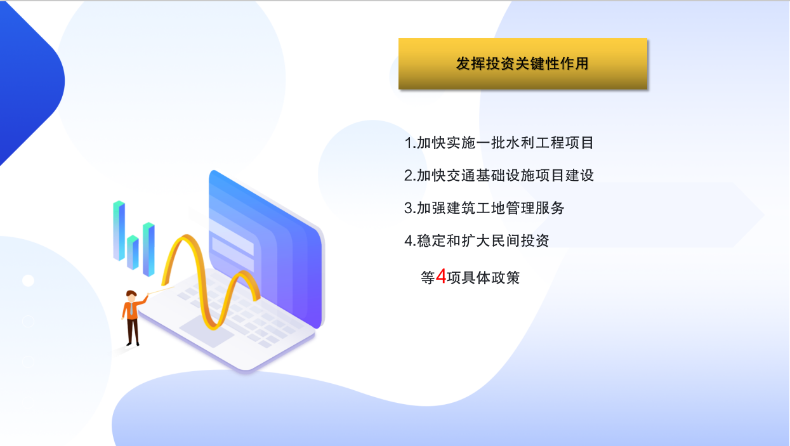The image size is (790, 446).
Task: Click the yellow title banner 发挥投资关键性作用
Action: pos(523,63)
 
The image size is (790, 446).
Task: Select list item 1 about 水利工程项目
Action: pos(499,143)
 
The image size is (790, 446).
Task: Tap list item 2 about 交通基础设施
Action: pos(499,175)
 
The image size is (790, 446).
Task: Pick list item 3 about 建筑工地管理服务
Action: pos(484,208)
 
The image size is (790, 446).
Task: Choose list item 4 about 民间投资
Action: pos(477,240)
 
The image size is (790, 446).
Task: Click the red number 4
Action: pos(441,276)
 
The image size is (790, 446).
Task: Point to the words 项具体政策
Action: pos(483,277)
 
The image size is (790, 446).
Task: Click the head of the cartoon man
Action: pos(131,296)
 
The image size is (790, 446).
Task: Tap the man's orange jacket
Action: pos(132,310)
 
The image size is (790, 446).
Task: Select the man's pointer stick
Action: pos(161,291)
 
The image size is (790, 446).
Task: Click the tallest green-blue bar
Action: pos(119,230)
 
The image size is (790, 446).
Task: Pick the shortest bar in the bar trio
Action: pos(133,252)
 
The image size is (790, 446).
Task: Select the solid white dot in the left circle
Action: pos(28,280)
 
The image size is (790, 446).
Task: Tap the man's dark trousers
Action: pos(133,332)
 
